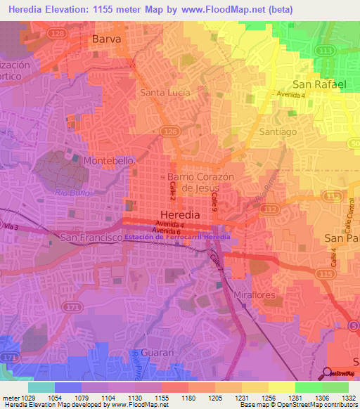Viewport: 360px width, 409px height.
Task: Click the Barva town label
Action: click(106, 40)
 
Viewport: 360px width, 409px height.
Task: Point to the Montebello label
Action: click(108, 161)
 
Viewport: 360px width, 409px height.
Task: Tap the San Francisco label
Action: click(89, 238)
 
